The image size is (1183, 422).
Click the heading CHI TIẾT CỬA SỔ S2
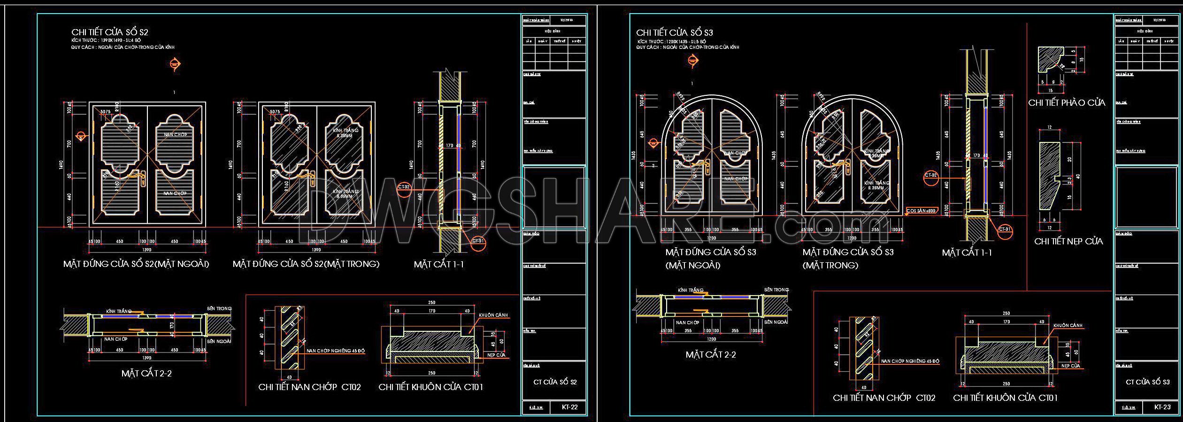pos(110,32)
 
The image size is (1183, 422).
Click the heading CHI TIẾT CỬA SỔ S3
pos(675,32)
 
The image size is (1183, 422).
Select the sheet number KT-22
pos(569,407)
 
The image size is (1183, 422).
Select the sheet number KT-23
pos(1162,407)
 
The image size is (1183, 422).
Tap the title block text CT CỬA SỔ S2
pos(555,382)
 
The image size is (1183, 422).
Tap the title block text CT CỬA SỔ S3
pos(1147,382)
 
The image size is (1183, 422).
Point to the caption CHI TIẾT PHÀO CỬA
pos(1067,103)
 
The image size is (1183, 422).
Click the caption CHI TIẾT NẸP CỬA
pos(1068,242)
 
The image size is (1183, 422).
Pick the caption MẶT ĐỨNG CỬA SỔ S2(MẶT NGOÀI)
pos(136,264)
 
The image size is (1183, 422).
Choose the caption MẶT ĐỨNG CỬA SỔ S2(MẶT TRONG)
pos(306,264)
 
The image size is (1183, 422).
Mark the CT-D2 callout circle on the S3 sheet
pos(930,175)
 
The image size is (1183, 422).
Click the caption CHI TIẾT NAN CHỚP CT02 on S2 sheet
pos(309,387)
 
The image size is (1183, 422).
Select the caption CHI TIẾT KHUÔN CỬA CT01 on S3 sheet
pos(1005,398)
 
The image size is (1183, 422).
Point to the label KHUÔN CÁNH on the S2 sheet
pos(493,315)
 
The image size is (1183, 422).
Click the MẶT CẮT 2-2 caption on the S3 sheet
pos(710,355)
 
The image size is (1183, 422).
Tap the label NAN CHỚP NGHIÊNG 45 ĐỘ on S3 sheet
pos(910,361)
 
